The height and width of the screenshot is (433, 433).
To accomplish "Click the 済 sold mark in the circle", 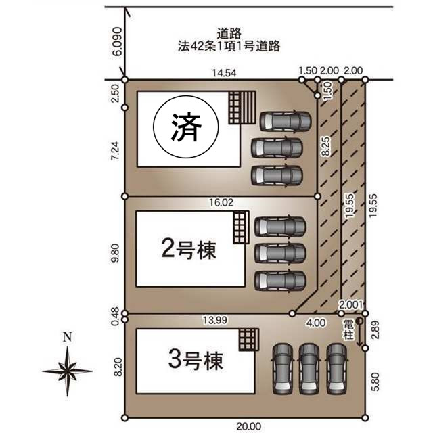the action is pos(186,127).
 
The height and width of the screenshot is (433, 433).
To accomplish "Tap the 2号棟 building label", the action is pos(189,250).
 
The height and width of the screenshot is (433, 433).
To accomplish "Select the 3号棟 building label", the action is pos(196,360).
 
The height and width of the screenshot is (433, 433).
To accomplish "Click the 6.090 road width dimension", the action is pos(117,42).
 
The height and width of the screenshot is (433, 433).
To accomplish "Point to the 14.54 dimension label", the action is pos(224,73).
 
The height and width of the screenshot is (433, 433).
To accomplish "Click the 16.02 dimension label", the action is pos(221,202).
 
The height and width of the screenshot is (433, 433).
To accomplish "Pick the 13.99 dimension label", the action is pos(215,320).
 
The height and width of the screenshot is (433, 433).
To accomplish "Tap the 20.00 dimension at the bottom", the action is pos(248,426).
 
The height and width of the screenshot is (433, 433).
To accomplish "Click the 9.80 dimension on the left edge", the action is pos(116,253).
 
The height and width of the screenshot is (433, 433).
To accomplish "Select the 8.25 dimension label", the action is pos(326,146).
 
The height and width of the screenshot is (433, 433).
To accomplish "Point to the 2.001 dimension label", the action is pos(350,305).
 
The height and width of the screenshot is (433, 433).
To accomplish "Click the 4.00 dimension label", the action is pos(316,323).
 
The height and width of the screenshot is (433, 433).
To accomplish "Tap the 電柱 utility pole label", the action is pos(348,329).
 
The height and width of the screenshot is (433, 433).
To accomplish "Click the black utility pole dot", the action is pos(359,321).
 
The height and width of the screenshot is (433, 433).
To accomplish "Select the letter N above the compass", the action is pos(68,337).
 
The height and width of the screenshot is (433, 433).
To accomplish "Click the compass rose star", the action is pos(68,371).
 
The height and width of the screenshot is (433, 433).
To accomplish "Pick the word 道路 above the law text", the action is pos(229,34).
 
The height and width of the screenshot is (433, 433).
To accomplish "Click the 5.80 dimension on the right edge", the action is pos(375,382).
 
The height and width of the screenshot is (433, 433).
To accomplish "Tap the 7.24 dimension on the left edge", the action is pos(115,150).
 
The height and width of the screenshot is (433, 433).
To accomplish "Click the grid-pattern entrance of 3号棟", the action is pos(249,340).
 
